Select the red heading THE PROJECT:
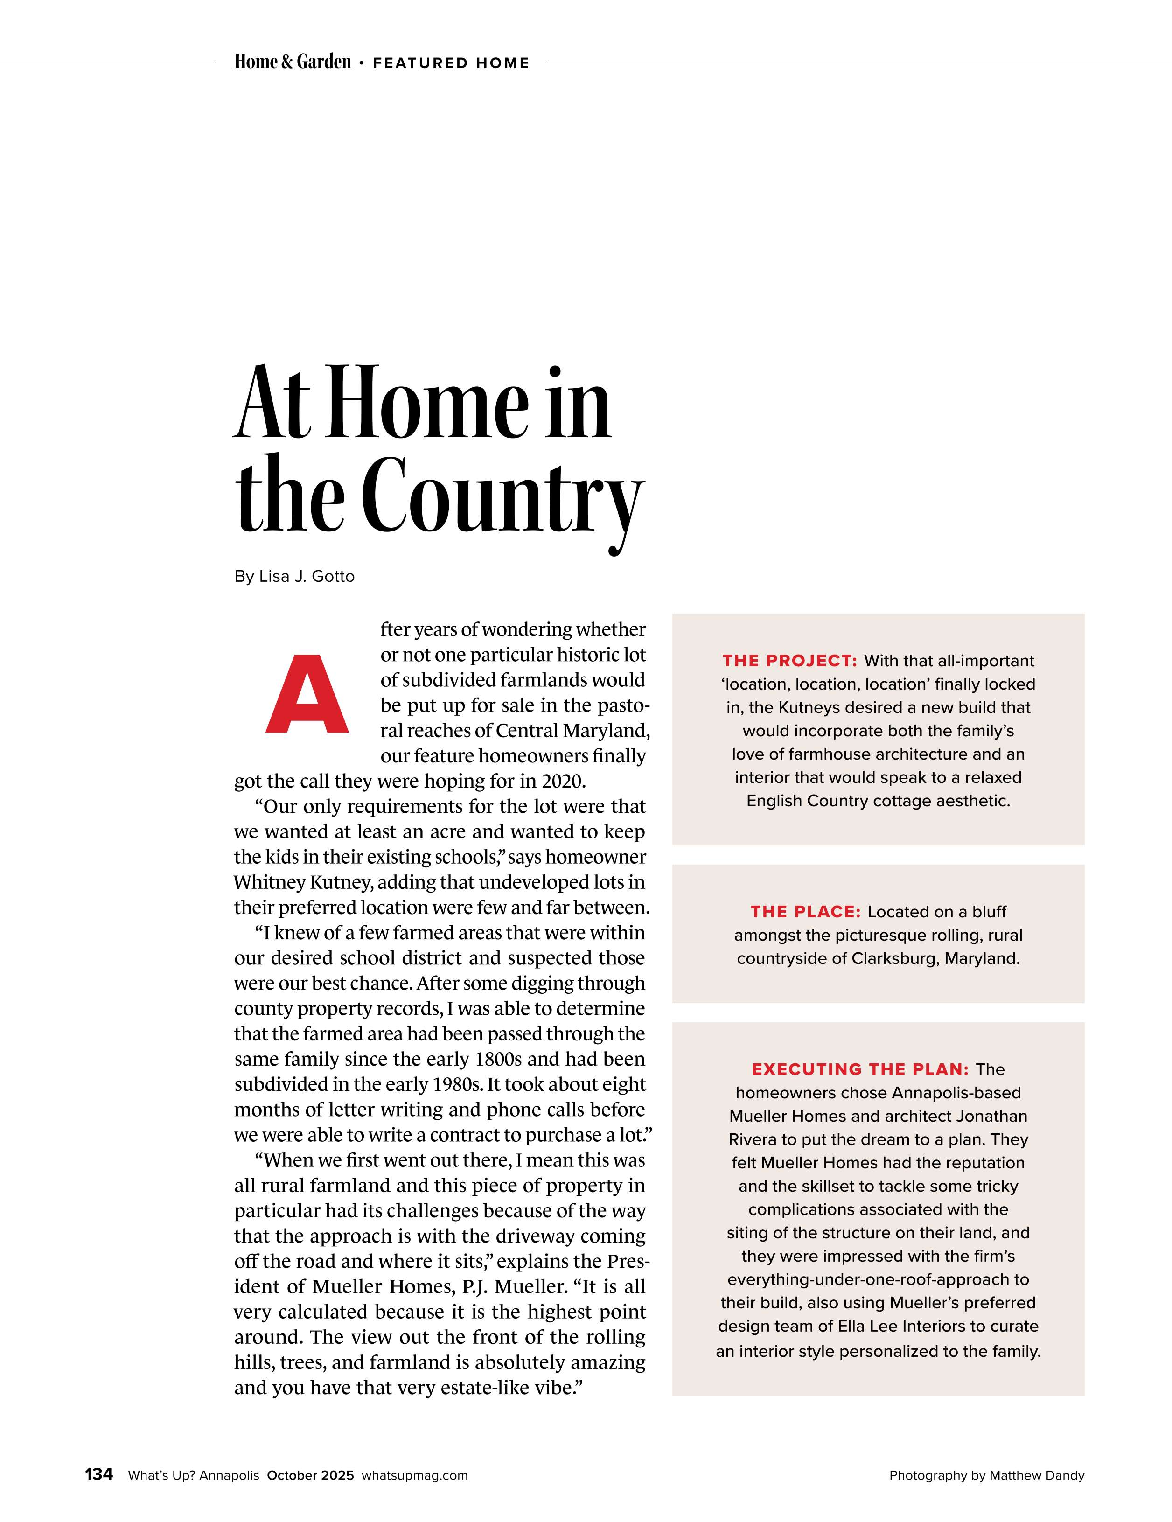[789, 661]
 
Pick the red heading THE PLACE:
[805, 912]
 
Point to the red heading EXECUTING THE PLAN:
[860, 1069]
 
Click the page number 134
[99, 1474]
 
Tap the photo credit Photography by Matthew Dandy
[987, 1475]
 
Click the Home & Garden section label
[293, 62]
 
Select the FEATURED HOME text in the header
[451, 63]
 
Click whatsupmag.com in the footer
[415, 1475]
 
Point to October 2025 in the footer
[311, 1475]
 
